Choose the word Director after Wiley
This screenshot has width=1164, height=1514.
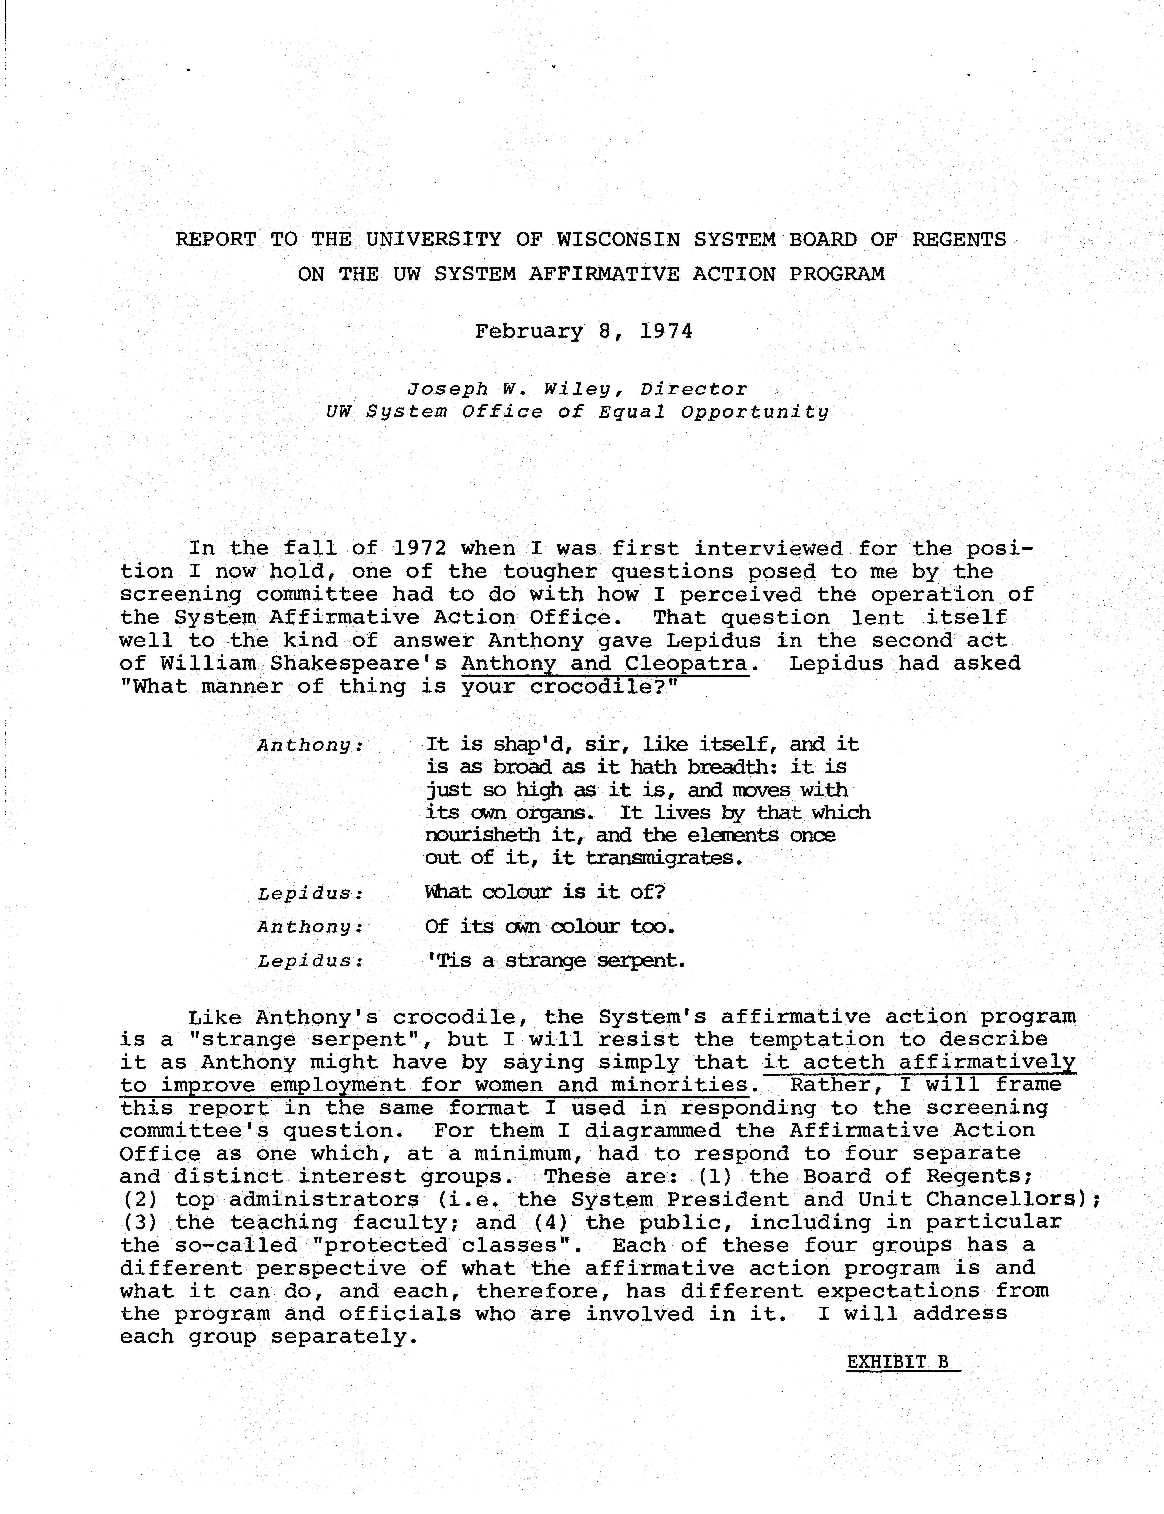tap(694, 390)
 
